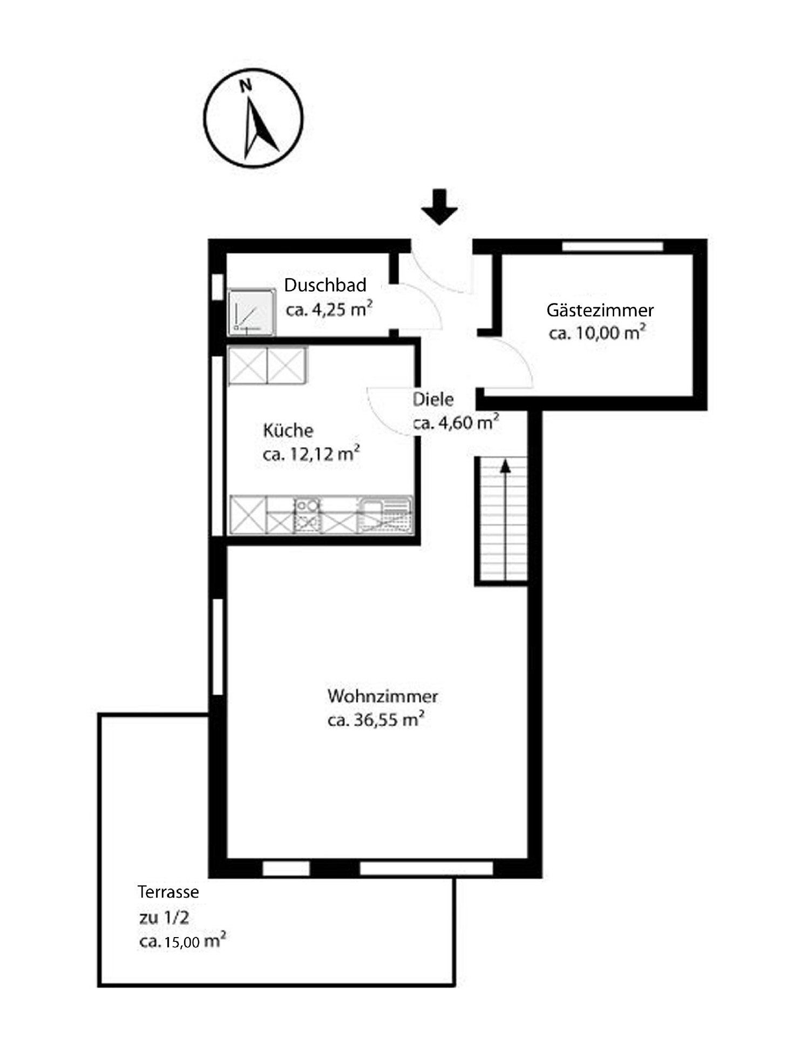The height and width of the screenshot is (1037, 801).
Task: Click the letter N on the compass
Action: (246, 85)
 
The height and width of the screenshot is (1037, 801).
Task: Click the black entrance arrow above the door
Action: (439, 207)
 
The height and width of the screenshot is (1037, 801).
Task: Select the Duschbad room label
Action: (325, 285)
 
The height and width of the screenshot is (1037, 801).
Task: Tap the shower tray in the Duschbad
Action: (251, 312)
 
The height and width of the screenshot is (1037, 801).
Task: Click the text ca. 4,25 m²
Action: (329, 310)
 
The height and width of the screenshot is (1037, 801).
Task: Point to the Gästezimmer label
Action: (600, 310)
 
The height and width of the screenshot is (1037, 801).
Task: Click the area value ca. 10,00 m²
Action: (597, 333)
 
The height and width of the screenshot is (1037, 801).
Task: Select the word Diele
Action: (433, 400)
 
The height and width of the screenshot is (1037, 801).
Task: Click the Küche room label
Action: (288, 430)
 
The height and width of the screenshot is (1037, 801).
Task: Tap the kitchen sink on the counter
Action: (385, 515)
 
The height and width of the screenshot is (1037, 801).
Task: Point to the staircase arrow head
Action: (505, 466)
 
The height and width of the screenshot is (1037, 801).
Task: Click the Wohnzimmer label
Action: (382, 696)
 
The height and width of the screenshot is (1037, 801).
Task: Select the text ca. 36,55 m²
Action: (376, 720)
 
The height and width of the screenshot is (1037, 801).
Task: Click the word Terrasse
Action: (168, 892)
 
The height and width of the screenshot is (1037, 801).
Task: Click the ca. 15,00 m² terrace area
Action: (182, 941)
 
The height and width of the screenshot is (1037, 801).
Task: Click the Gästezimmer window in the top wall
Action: (612, 246)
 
